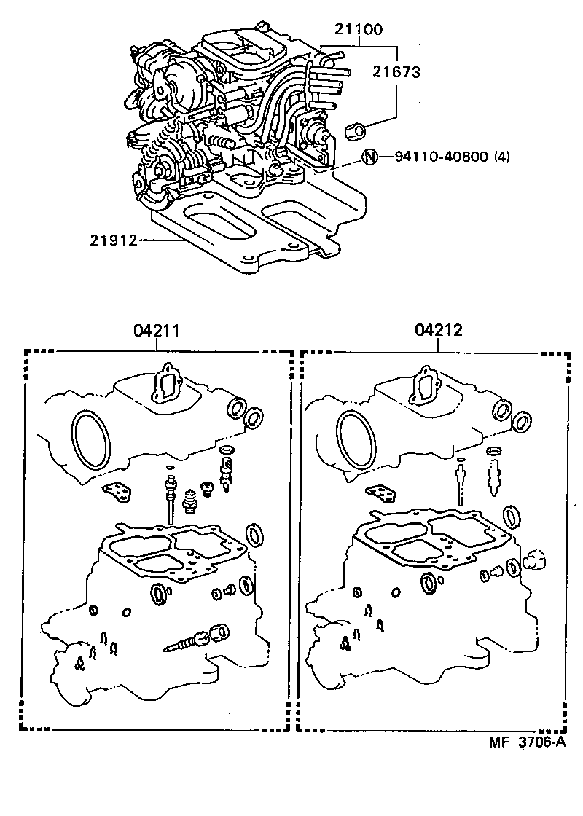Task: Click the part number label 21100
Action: tap(359, 30)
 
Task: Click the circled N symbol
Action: tap(371, 157)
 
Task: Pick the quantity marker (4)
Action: tap(504, 157)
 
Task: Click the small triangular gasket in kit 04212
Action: tap(383, 493)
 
